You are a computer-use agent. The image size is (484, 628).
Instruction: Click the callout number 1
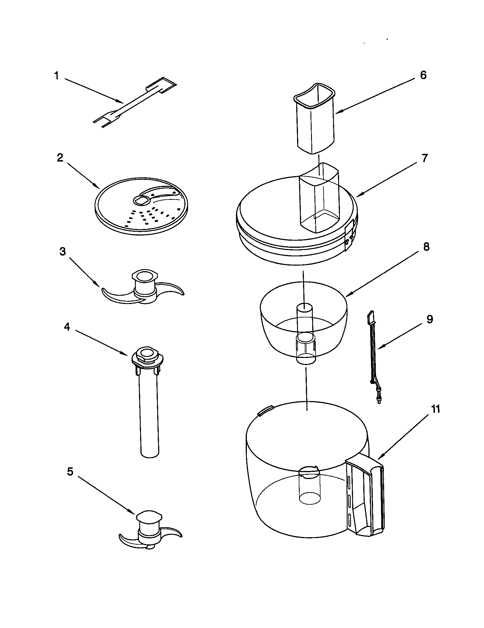point(56,76)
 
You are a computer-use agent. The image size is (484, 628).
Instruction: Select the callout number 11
point(436,409)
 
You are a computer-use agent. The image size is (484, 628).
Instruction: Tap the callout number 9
point(430,319)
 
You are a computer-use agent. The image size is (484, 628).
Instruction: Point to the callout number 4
point(66,327)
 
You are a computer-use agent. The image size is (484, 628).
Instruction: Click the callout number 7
point(425,158)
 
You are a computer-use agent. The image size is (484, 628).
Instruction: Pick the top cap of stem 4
point(147,355)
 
